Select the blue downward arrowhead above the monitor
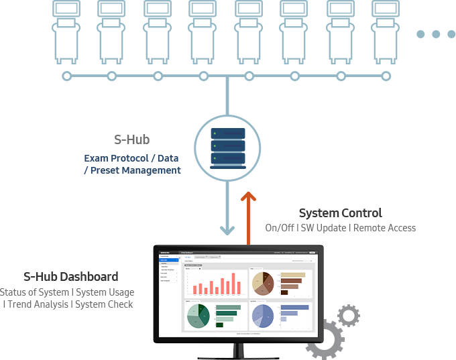pyautogui.click(x=228, y=230)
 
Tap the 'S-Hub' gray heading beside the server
pyautogui.click(x=131, y=140)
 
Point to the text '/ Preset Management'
pyautogui.click(x=132, y=170)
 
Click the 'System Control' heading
pyautogui.click(x=340, y=213)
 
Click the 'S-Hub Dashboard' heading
pyautogui.click(x=71, y=276)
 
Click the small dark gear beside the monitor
pyautogui.click(x=348, y=315)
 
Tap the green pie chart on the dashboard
pyautogui.click(x=198, y=316)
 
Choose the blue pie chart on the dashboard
pyautogui.click(x=263, y=316)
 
